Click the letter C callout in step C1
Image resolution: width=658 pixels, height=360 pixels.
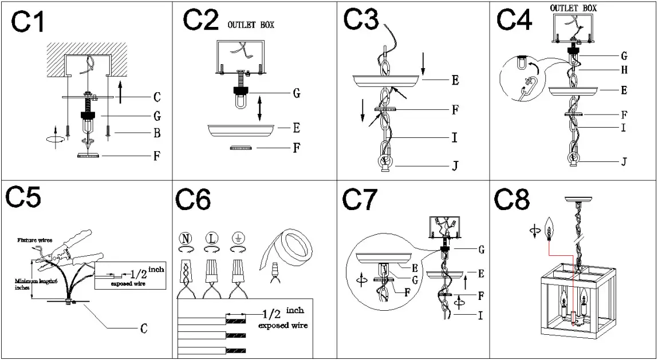click(156, 97)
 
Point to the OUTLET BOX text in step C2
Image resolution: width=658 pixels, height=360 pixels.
click(251, 25)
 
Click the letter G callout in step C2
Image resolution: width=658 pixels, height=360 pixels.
click(296, 93)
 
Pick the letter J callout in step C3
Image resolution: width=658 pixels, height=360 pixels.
click(455, 166)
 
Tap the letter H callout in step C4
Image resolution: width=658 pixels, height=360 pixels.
click(624, 70)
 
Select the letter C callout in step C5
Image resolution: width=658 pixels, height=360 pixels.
click(144, 328)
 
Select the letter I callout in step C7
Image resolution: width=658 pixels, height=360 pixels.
click(479, 315)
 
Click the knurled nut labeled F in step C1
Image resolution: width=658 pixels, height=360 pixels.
click(88, 155)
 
